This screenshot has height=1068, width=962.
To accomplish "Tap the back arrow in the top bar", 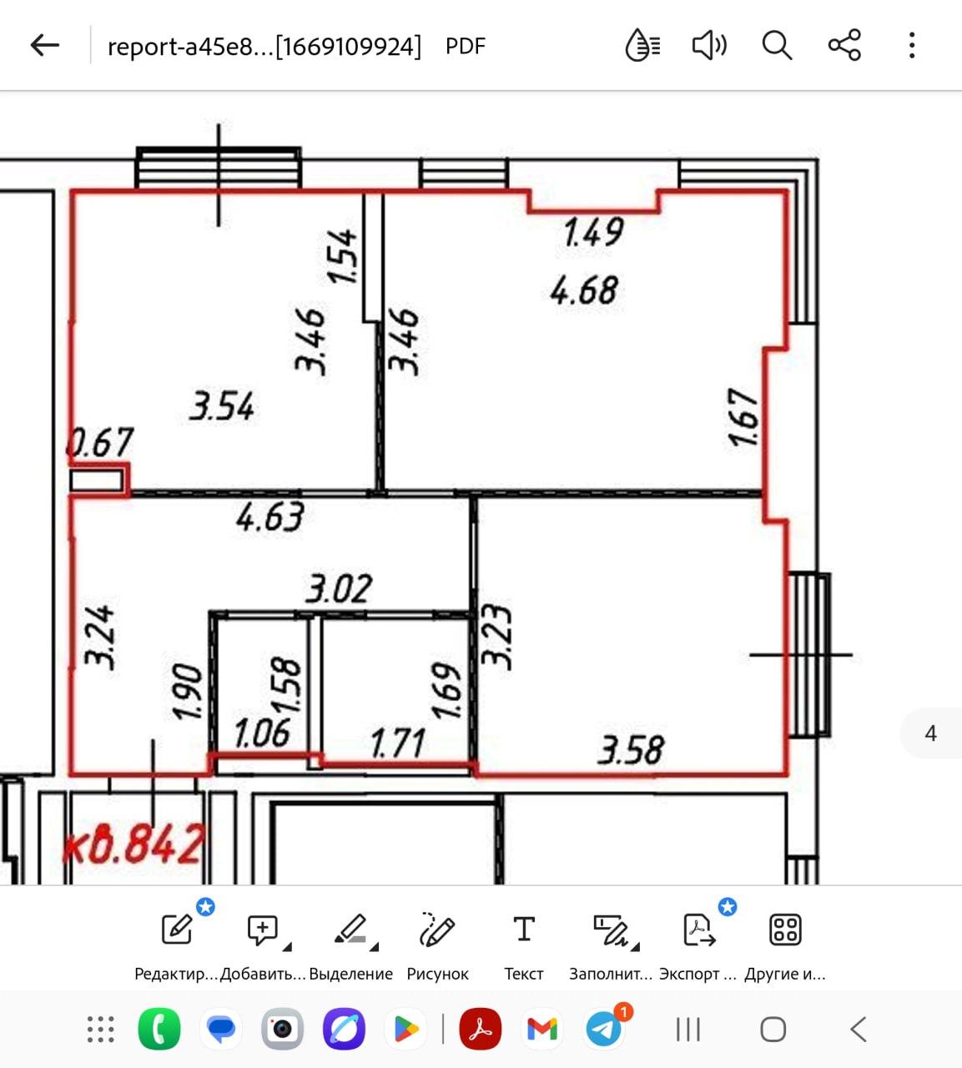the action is click(x=45, y=45).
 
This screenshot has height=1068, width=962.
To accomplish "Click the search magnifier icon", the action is click(x=777, y=45).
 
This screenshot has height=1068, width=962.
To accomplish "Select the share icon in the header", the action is click(x=844, y=45).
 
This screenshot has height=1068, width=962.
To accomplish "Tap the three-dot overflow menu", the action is click(x=912, y=45).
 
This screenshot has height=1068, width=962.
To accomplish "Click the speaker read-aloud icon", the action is click(x=709, y=45).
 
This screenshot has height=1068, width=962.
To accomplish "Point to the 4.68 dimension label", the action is click(x=584, y=290).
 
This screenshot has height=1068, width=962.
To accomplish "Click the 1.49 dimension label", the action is click(x=593, y=232).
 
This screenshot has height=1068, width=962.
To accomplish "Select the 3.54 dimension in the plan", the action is click(x=222, y=406).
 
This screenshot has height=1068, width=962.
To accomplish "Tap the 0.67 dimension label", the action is click(x=100, y=442).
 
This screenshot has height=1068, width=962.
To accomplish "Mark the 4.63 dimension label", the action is click(x=270, y=516).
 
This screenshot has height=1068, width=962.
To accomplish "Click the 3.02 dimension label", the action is click(x=339, y=588).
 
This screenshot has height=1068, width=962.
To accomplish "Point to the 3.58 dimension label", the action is click(x=632, y=749).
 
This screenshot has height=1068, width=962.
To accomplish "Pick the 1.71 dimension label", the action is click(x=398, y=743).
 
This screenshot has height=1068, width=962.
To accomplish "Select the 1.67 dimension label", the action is click(x=743, y=417).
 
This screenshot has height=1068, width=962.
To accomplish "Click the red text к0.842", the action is click(x=133, y=844).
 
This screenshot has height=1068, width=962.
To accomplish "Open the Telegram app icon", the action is click(x=604, y=1029).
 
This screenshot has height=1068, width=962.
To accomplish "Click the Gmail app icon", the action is click(x=542, y=1029).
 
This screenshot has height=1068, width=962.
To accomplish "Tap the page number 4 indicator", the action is click(x=930, y=733).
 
